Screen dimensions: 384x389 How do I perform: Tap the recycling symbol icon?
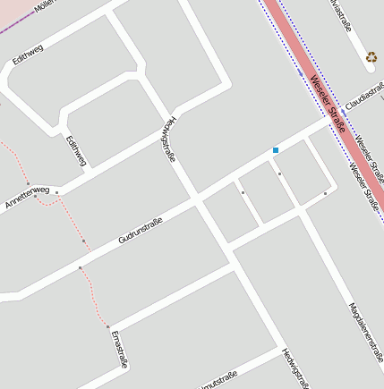point(371,58)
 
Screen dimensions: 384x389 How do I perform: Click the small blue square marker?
point(276,150)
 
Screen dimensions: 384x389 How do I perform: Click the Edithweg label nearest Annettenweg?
point(77,150)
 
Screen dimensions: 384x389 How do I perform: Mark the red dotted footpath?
point(92,286)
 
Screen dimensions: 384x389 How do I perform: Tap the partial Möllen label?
point(45,5)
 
